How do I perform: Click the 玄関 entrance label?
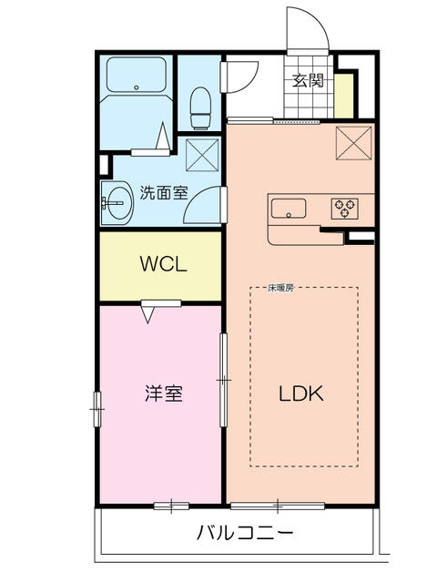coord(308,80)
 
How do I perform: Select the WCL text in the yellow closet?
coord(163,265)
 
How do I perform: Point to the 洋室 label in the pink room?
coord(164,394)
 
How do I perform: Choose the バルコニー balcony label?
coord(245,532)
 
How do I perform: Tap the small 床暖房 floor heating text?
coord(280,288)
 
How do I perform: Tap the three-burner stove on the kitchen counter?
coord(345,208)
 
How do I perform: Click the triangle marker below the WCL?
coord(147,313)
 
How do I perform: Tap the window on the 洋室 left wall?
coord(97,408)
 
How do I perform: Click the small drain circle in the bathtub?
coord(137,88)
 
